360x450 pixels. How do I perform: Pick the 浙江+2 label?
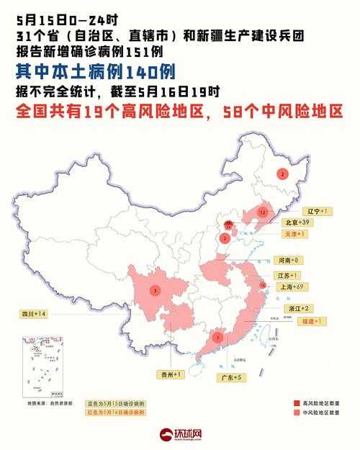287,307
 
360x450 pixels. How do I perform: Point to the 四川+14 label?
33,315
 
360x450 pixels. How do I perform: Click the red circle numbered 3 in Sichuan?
155,290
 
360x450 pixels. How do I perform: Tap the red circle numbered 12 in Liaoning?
263,212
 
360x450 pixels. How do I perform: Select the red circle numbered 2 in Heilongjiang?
282,174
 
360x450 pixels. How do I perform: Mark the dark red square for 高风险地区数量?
296,403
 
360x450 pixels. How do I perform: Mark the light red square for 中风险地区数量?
296,413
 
